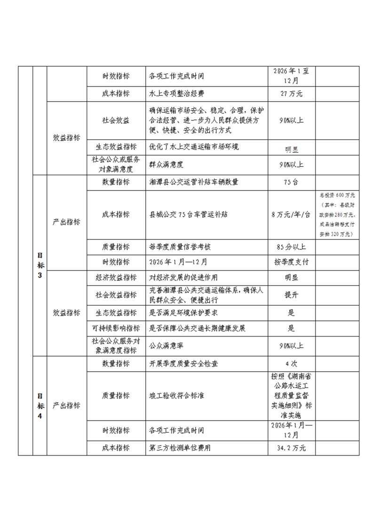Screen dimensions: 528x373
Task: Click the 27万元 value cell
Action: click(291, 94)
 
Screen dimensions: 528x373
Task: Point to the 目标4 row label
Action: click(40, 405)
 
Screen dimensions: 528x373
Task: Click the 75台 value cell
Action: click(291, 182)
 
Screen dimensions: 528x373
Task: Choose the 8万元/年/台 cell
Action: click(291, 214)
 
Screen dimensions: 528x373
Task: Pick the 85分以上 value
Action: click(291, 247)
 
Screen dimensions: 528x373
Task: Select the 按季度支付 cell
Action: click(291, 262)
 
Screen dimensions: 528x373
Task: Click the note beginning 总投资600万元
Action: click(337, 214)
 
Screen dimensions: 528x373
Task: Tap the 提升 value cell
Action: click(291, 295)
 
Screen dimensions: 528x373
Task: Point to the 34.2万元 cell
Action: click(291, 448)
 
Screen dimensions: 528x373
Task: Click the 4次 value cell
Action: click(291, 364)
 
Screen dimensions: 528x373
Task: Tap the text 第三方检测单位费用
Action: click(180, 448)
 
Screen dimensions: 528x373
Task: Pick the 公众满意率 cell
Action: click(166, 345)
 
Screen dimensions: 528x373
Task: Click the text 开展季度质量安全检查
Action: click(183, 364)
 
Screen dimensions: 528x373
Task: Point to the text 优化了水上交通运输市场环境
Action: click(194, 147)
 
